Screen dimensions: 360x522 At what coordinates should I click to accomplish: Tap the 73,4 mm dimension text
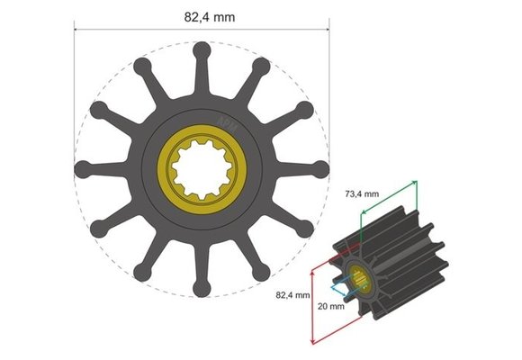(x=367, y=193)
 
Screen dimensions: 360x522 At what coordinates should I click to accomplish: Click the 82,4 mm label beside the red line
(x=292, y=294)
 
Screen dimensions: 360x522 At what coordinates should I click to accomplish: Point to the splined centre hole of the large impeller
(x=200, y=168)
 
